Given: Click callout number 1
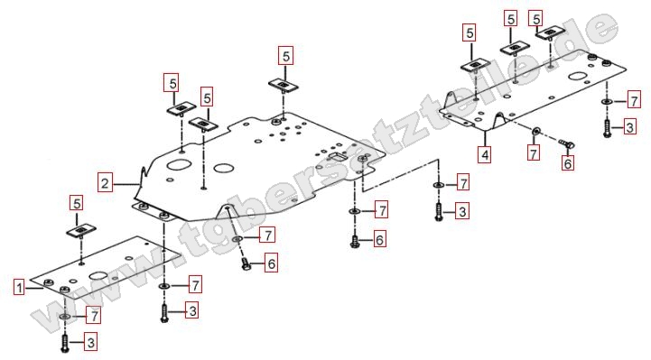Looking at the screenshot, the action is pyautogui.click(x=19, y=288).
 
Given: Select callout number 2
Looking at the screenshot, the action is pyautogui.click(x=105, y=183).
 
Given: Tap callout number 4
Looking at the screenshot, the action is pyautogui.click(x=485, y=155).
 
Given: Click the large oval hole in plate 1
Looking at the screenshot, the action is pyautogui.click(x=98, y=276).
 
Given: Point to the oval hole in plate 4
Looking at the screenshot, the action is pyautogui.click(x=578, y=77).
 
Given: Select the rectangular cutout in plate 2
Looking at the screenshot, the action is pyautogui.click(x=338, y=157).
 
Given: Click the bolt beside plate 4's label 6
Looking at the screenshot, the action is pyautogui.click(x=566, y=143).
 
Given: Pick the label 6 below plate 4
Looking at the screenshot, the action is pyautogui.click(x=568, y=163).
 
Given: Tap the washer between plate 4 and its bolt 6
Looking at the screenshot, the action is pyautogui.click(x=535, y=131).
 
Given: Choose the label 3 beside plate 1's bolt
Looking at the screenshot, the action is pyautogui.click(x=91, y=343).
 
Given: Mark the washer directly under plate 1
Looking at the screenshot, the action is pyautogui.click(x=65, y=317).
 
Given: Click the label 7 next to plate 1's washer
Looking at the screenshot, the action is pyautogui.click(x=94, y=316).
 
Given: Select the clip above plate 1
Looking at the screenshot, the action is pyautogui.click(x=81, y=231).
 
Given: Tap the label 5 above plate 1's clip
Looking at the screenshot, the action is pyautogui.click(x=77, y=203).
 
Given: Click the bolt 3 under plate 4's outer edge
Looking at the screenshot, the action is pyautogui.click(x=607, y=128).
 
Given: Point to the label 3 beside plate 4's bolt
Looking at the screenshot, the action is pyautogui.click(x=630, y=127).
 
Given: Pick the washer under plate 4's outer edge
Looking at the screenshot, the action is pyautogui.click(x=607, y=101).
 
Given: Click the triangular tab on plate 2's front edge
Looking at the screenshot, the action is pyautogui.click(x=227, y=211).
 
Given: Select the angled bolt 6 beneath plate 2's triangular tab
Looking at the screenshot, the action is pyautogui.click(x=245, y=263).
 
